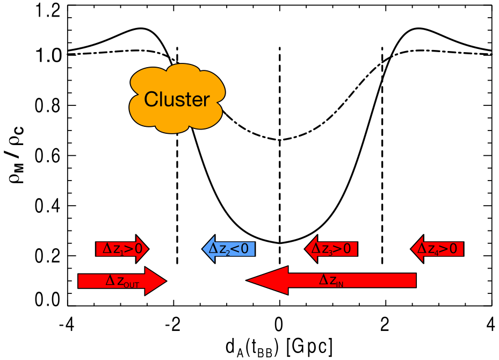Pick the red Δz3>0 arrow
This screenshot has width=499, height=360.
(x=331, y=249)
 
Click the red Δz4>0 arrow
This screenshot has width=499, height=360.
(x=437, y=249)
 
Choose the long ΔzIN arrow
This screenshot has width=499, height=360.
(x=331, y=280)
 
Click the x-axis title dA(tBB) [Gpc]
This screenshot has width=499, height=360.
(x=278, y=347)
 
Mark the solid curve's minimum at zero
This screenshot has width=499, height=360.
(x=279, y=243)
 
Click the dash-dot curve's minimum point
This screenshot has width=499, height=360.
(x=279, y=140)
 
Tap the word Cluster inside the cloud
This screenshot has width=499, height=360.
(x=177, y=99)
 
